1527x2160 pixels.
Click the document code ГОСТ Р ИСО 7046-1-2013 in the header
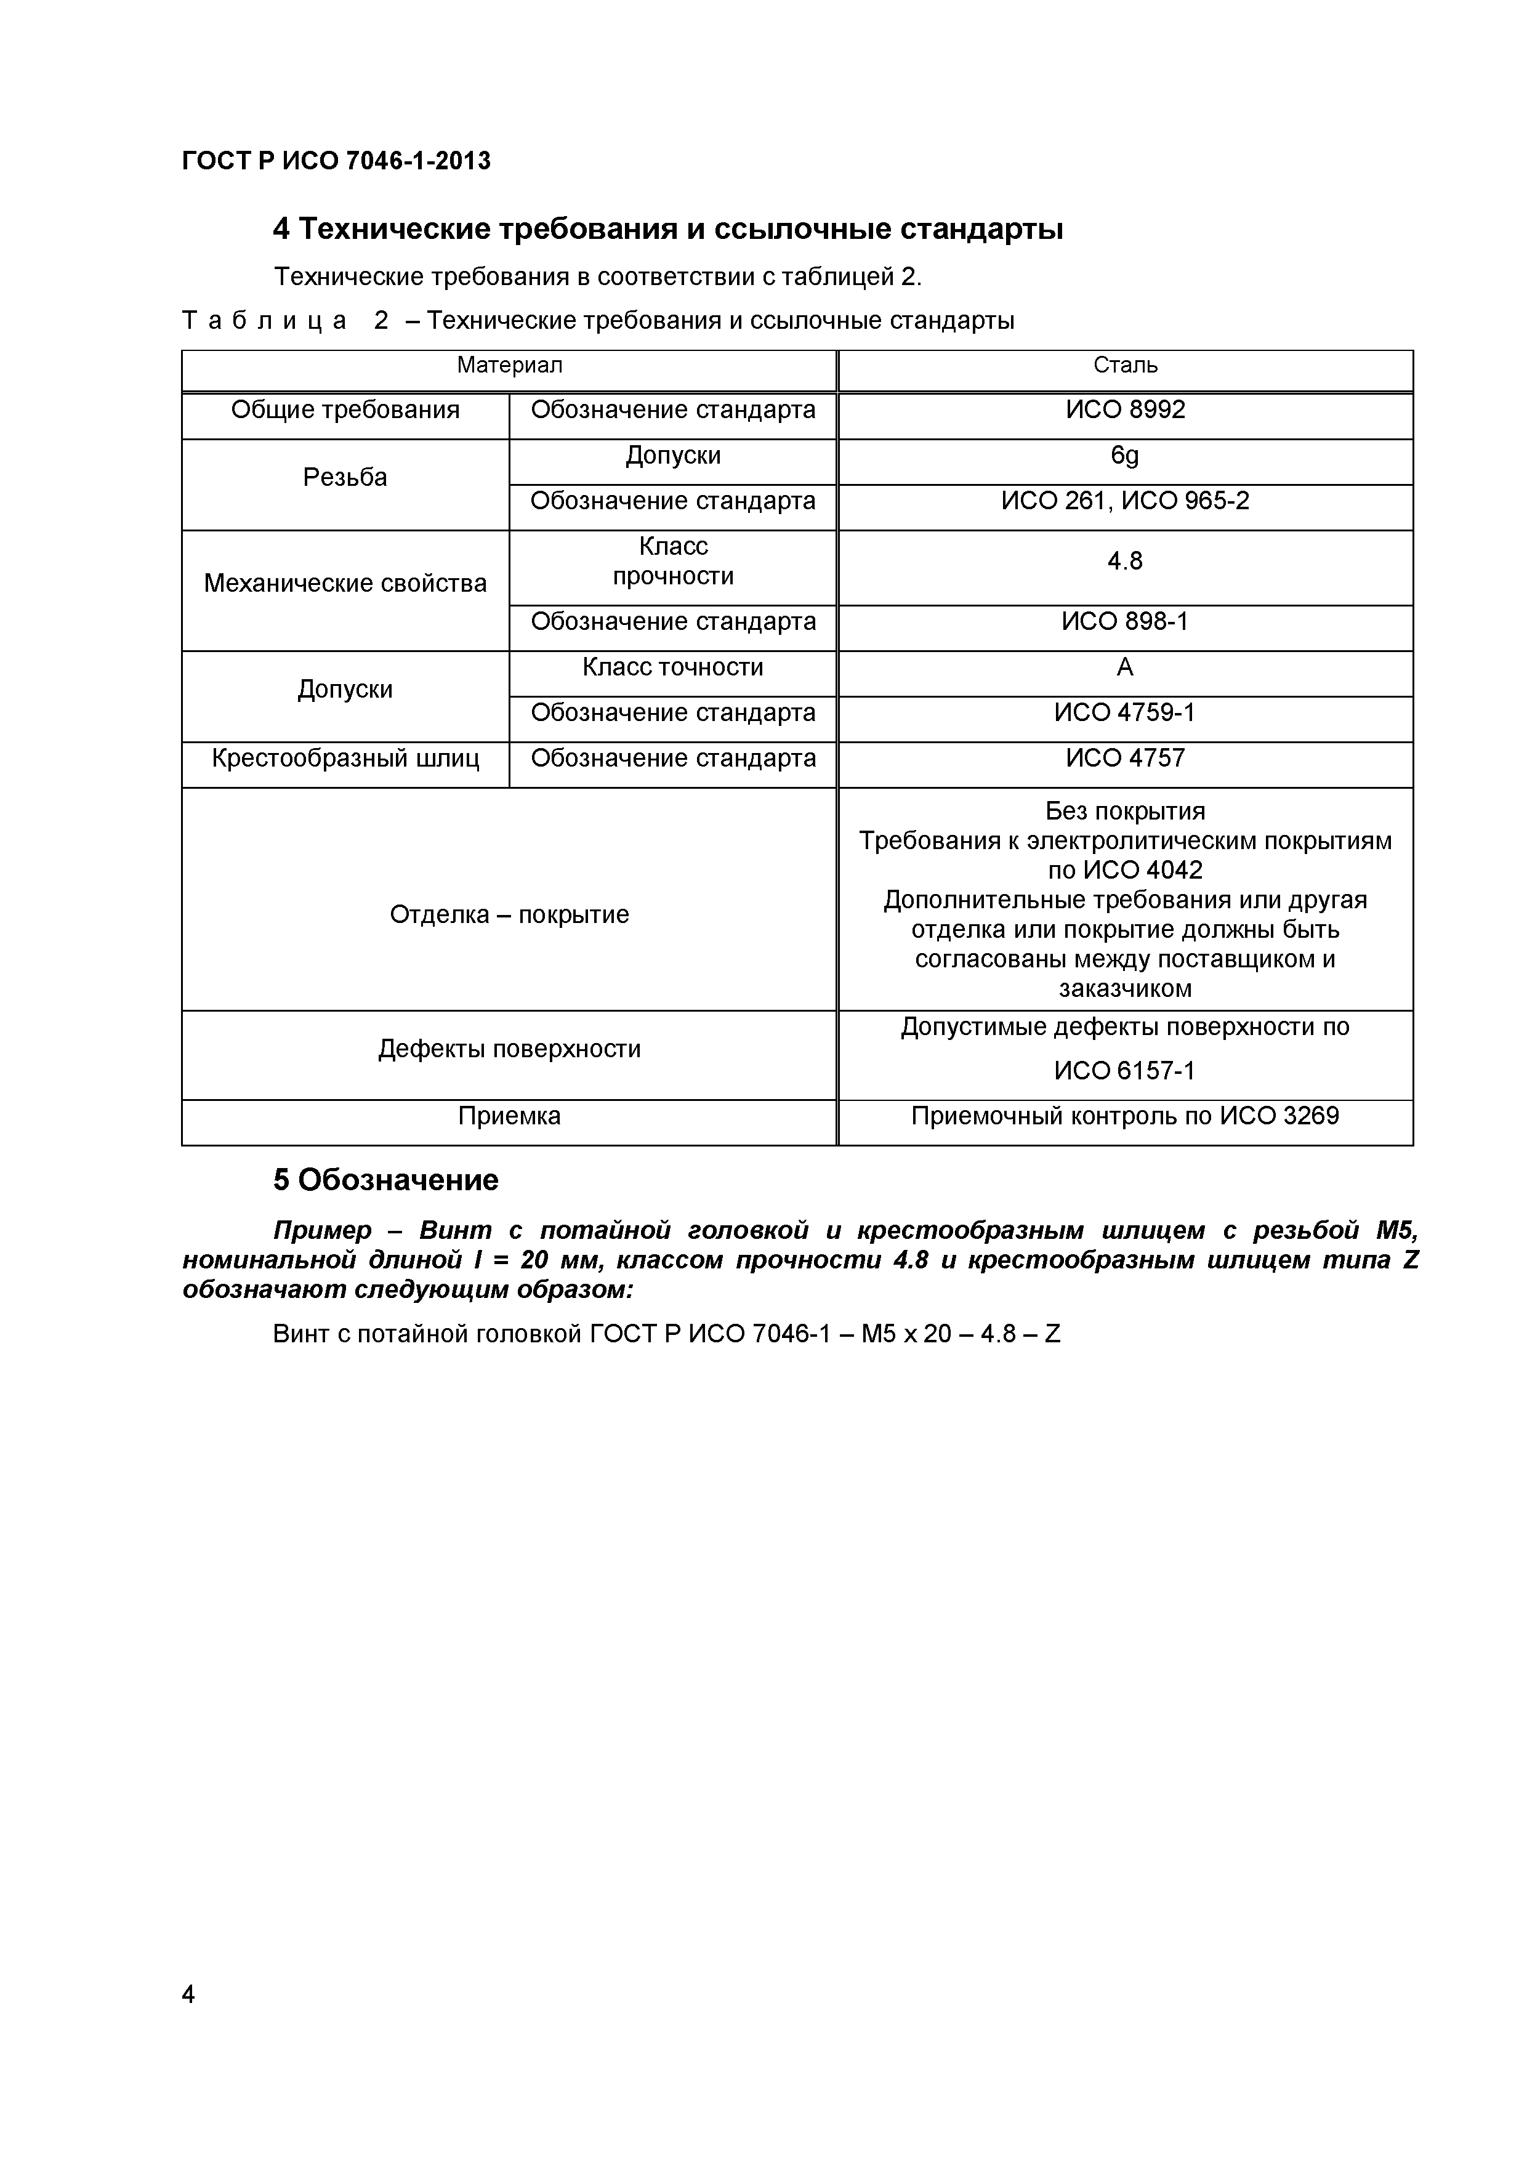tap(336, 161)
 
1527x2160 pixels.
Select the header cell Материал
tap(509, 365)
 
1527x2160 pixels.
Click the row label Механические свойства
tap(345, 584)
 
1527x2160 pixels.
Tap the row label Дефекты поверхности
tap(509, 1049)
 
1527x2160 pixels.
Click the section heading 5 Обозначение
tap(385, 1180)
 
